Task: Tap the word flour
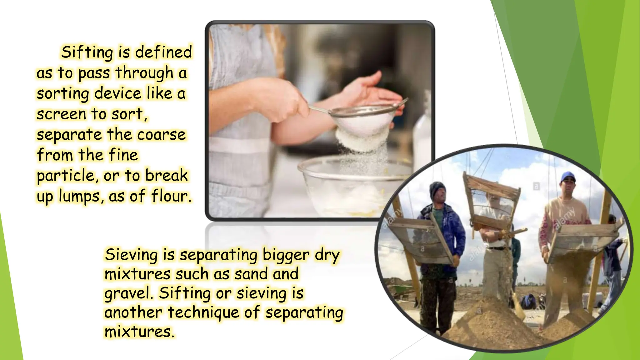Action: point(171,196)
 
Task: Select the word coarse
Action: point(162,135)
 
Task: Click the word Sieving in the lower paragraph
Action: point(131,255)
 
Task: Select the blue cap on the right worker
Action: point(567,177)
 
